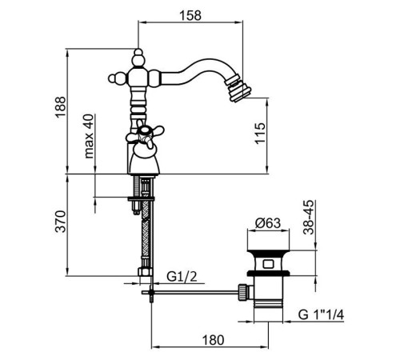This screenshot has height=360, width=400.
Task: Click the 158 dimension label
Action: pos(190,16)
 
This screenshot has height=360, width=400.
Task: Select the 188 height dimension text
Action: pos(60,106)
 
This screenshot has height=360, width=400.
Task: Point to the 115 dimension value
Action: pos(260,134)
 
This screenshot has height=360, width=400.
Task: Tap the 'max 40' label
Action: pos(89,136)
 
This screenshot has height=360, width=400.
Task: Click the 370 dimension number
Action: pos(61,222)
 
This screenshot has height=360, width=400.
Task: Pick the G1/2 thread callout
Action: pos(182,277)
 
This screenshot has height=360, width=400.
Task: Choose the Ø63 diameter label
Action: pos(268,223)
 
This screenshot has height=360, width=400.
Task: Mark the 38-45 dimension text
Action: pos(309,218)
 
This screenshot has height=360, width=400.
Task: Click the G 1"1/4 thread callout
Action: pos(321,315)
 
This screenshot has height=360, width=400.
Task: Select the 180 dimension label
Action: pos(213,340)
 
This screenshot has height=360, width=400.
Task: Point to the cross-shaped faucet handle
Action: pos(145,134)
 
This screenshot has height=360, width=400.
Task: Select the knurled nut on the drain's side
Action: pos(242,292)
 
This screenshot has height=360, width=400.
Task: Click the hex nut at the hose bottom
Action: pos(146,272)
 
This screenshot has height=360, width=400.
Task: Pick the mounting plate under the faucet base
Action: pos(141,198)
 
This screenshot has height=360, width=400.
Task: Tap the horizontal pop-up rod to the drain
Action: pos(190,293)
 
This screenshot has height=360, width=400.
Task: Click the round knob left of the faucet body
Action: pos(114,78)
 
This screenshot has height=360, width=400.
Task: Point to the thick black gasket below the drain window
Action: pos(268,273)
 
